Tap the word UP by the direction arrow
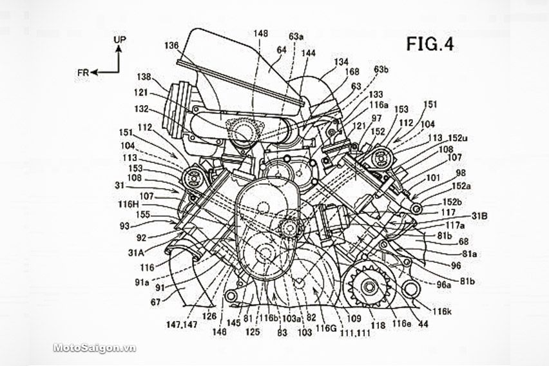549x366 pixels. (x=120, y=40)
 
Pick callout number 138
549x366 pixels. (x=142, y=75)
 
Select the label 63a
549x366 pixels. (x=296, y=37)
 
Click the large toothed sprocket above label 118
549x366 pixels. (x=366, y=286)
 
